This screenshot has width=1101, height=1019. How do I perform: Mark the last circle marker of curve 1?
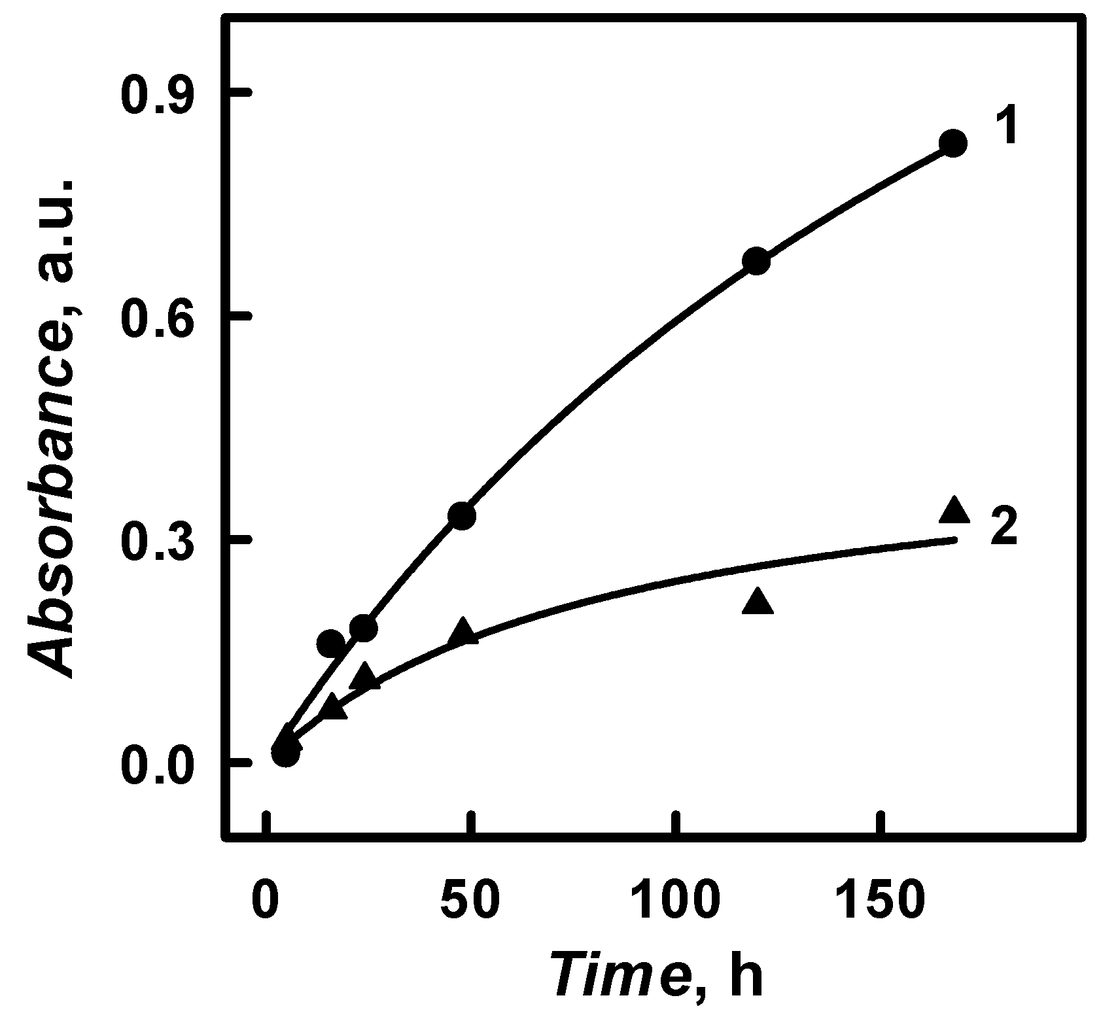tap(953, 143)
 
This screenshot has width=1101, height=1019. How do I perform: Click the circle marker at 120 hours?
tap(756, 262)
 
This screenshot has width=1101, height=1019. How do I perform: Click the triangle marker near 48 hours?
tap(463, 630)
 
